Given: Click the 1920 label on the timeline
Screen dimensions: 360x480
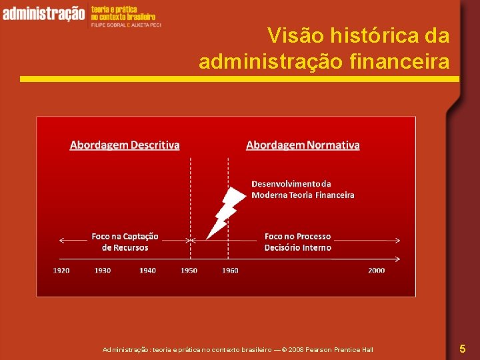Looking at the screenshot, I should (61, 271).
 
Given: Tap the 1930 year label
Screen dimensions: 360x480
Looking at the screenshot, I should (103, 271).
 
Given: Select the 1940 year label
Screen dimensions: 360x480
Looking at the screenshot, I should (147, 271).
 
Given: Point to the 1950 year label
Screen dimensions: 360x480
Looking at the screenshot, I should (189, 271).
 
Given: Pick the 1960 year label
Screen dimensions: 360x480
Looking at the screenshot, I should (230, 271).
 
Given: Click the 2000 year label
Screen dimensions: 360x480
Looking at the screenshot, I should (376, 271).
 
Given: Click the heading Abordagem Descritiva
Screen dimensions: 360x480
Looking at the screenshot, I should (125, 145).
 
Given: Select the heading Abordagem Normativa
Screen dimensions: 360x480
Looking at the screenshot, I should (303, 145).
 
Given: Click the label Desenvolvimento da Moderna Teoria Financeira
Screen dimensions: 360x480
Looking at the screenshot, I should (302, 189).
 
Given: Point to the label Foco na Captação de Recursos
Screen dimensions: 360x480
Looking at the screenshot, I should (125, 242).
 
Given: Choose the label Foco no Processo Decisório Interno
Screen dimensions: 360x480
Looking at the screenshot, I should (297, 242).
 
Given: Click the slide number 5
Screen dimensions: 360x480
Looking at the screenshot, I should (462, 348).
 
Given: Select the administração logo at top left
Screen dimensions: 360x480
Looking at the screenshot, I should (43, 13).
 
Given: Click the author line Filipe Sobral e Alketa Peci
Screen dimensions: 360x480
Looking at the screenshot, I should (126, 24).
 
